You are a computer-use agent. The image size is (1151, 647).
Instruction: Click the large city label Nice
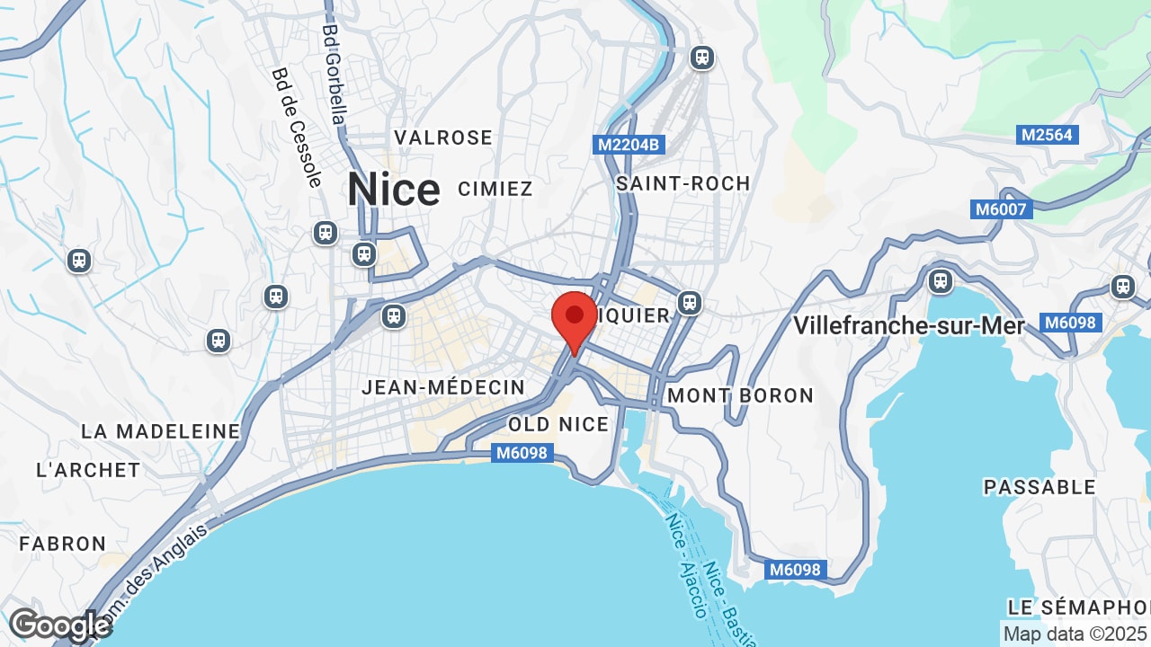(x=394, y=190)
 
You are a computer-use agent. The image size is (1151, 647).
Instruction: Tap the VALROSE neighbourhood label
(x=443, y=137)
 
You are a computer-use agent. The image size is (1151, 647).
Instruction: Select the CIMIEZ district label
(x=495, y=189)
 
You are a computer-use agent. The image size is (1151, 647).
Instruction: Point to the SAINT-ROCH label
(x=683, y=183)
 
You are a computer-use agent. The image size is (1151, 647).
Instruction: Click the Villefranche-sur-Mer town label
(x=908, y=325)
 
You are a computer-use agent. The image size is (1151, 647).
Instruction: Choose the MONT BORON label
(x=740, y=395)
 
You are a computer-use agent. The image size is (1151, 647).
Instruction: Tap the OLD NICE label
(x=558, y=424)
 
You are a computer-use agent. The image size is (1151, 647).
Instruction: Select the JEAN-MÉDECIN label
(x=443, y=387)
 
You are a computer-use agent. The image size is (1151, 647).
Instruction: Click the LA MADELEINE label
(x=160, y=431)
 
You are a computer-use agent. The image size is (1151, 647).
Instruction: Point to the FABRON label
(x=63, y=544)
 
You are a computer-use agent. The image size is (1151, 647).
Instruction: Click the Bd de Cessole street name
(x=297, y=128)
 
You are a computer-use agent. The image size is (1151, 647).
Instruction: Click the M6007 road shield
(x=1003, y=209)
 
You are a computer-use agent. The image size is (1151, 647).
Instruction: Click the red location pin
(x=575, y=317)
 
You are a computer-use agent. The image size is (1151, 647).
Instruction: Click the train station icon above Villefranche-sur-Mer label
(x=941, y=281)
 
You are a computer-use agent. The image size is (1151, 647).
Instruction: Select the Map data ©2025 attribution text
(x=1075, y=634)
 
